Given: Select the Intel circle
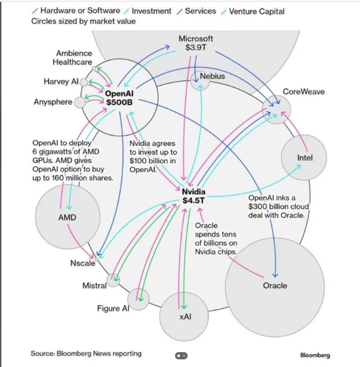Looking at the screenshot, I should pyautogui.click(x=305, y=158).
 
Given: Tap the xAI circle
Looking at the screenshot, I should pyautogui.click(x=185, y=317).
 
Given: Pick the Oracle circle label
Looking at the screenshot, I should pyautogui.click(x=275, y=285).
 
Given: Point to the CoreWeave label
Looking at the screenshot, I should pyautogui.click(x=304, y=92).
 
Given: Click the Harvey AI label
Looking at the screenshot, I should pyautogui.click(x=61, y=82).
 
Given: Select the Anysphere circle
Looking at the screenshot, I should pyautogui.click(x=80, y=102).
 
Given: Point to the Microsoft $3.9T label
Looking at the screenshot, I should pyautogui.click(x=196, y=43).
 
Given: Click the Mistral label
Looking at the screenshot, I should pyautogui.click(x=94, y=285).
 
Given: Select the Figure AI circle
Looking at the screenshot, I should pyautogui.click(x=139, y=299).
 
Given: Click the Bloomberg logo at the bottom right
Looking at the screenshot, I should pyautogui.click(x=315, y=355).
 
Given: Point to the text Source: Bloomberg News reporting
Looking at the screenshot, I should pyautogui.click(x=86, y=353).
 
